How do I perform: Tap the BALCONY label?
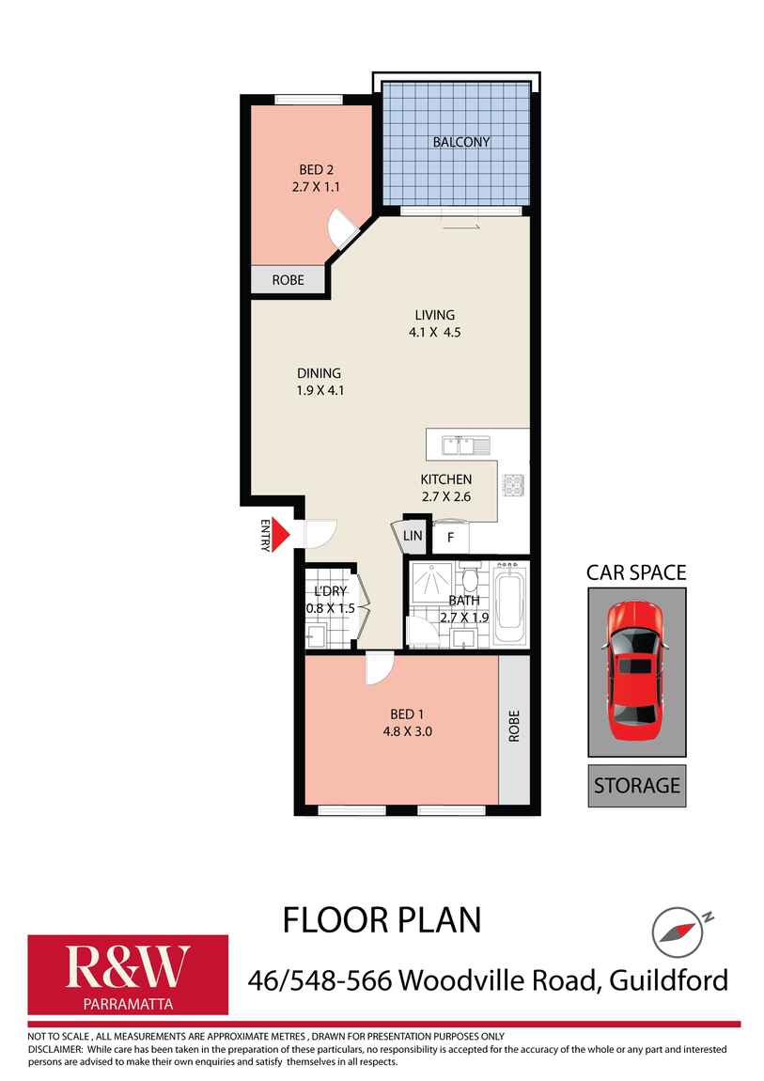(460, 142)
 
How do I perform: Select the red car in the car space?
(636, 670)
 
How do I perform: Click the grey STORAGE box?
(636, 785)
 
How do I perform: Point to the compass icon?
(676, 932)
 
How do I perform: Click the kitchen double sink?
(461, 444)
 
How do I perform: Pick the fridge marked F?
(450, 538)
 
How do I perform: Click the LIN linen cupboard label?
(413, 536)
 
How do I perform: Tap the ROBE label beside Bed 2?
(288, 280)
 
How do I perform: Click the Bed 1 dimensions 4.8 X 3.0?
(401, 730)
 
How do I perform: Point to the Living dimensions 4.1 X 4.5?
(435, 332)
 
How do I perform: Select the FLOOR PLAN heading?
(382, 919)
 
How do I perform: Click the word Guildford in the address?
(668, 980)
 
